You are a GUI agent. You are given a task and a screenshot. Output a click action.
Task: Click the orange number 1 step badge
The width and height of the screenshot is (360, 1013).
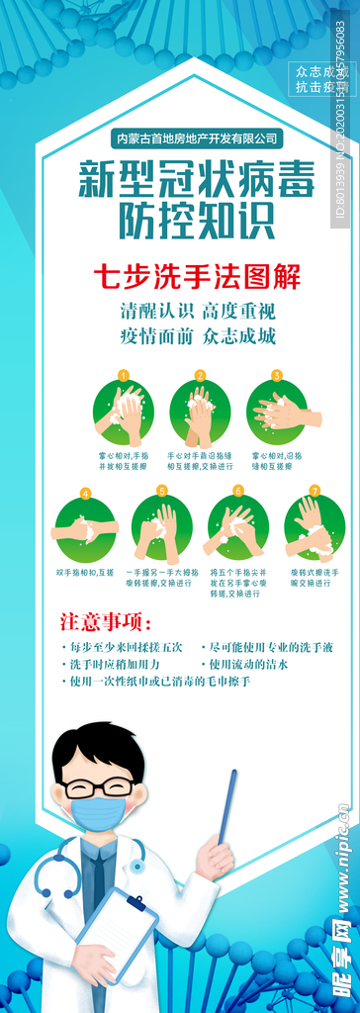tap(123, 376)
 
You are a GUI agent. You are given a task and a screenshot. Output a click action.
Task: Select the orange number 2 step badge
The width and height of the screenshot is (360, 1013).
tap(200, 376)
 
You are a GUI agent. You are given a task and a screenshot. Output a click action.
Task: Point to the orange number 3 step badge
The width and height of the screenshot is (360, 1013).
tap(277, 376)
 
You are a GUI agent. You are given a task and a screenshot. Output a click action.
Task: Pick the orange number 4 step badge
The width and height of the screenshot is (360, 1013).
tap(86, 492)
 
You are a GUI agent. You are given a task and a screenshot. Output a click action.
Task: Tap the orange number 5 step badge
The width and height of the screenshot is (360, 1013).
tap(162, 491)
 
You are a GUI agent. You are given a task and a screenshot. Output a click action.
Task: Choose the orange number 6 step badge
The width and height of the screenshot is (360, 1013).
tap(238, 491)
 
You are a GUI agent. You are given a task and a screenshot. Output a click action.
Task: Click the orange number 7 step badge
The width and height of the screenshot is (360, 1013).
tap(315, 491)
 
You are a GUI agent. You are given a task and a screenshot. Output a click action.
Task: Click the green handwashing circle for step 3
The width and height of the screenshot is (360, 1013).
tap(278, 414)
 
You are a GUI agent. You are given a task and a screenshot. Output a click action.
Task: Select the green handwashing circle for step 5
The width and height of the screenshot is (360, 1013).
tap(162, 529)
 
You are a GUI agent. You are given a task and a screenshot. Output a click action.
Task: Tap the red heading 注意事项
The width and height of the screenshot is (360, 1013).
tap(106, 622)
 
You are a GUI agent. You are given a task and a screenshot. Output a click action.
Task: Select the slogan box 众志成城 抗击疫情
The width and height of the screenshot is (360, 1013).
tap(322, 79)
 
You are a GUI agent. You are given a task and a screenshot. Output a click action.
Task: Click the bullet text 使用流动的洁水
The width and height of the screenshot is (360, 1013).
tap(248, 665)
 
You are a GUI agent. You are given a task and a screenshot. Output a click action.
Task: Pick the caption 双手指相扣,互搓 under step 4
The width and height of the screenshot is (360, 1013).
tap(85, 573)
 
